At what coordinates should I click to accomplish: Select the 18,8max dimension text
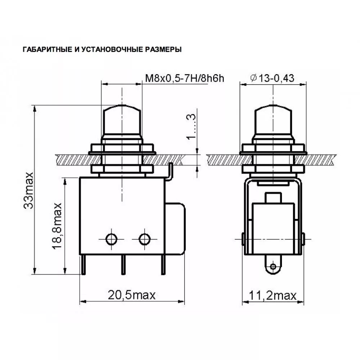[57, 226]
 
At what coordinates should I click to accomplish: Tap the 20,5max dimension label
[131, 295]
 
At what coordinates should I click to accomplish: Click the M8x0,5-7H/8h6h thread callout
[184, 78]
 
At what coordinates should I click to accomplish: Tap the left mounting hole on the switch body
[111, 238]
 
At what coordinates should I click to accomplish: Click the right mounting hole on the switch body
[145, 238]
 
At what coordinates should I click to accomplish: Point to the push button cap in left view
[122, 119]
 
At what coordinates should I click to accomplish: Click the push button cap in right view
[273, 119]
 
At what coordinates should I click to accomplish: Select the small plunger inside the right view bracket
[273, 198]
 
